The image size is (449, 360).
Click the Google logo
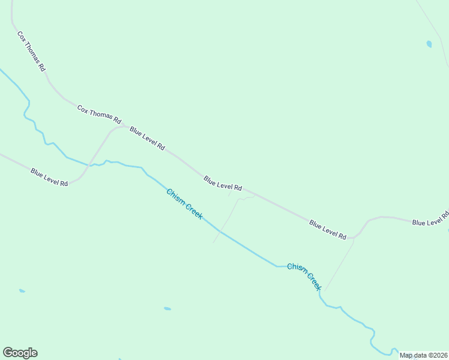pyautogui.click(x=20, y=353)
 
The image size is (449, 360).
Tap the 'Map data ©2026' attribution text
pyautogui.click(x=424, y=355)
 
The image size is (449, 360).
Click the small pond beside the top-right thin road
pyautogui.click(x=429, y=44)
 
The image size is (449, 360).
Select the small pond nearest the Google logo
pyautogui.click(x=22, y=291)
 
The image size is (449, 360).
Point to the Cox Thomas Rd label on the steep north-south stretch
pyautogui.click(x=31, y=52)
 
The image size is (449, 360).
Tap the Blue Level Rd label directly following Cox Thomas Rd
pyautogui.click(x=147, y=138)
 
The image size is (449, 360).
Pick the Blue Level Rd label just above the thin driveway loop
pyautogui.click(x=223, y=184)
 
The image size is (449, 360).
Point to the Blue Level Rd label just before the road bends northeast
pyautogui.click(x=328, y=230)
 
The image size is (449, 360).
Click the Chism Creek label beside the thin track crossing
pyautogui.click(x=185, y=203)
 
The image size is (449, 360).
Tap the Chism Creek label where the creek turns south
pyautogui.click(x=305, y=276)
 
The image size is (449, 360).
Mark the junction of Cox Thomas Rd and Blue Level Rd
pyautogui.click(x=125, y=127)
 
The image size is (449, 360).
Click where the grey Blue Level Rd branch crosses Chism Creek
pyautogui.click(x=91, y=164)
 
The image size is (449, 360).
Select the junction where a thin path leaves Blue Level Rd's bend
pyautogui.click(x=354, y=238)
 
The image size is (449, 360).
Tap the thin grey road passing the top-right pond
pyautogui.click(x=433, y=30)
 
